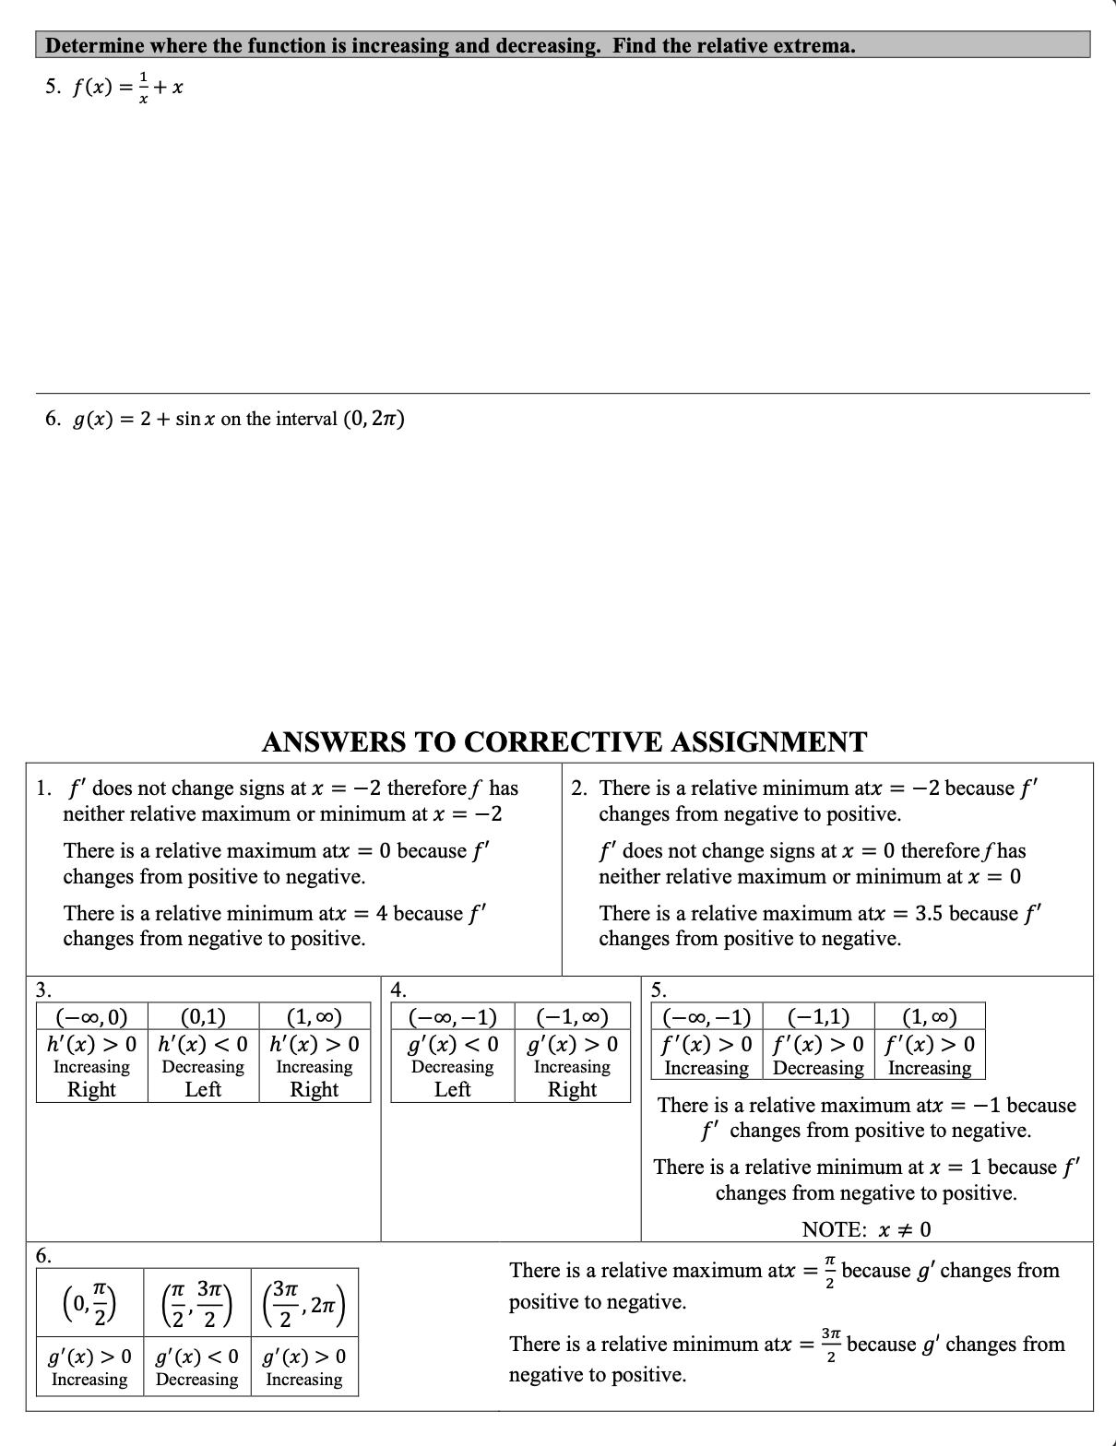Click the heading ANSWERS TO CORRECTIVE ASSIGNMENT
564,741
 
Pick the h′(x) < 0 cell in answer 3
203,1044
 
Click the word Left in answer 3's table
203,1089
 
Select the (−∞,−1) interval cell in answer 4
453,1018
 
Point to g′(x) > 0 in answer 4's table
572,1044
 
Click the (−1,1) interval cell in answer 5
818,1018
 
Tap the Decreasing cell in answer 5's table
818,1068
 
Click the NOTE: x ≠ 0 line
866,1229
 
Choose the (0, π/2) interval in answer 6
89,1302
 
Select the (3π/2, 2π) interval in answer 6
303,1302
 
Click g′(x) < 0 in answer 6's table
196,1357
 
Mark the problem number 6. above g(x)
53,420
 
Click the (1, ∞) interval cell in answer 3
315,1018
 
